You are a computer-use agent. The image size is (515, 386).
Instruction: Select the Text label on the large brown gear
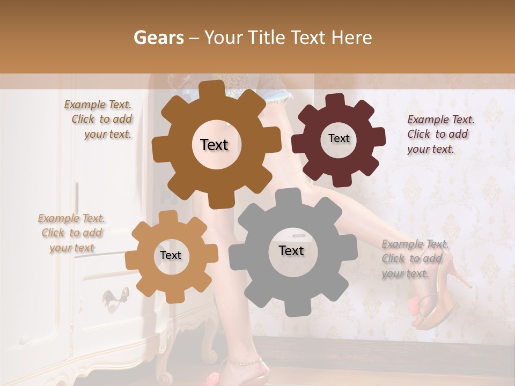(x=214, y=145)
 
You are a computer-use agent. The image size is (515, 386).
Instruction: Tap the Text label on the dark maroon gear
(x=339, y=138)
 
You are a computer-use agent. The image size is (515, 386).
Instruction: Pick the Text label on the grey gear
(x=291, y=250)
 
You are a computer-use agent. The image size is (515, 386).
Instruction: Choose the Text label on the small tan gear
(x=171, y=256)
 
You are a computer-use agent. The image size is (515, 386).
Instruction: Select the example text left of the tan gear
(x=71, y=233)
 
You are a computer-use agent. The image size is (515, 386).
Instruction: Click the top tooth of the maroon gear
(x=336, y=101)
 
